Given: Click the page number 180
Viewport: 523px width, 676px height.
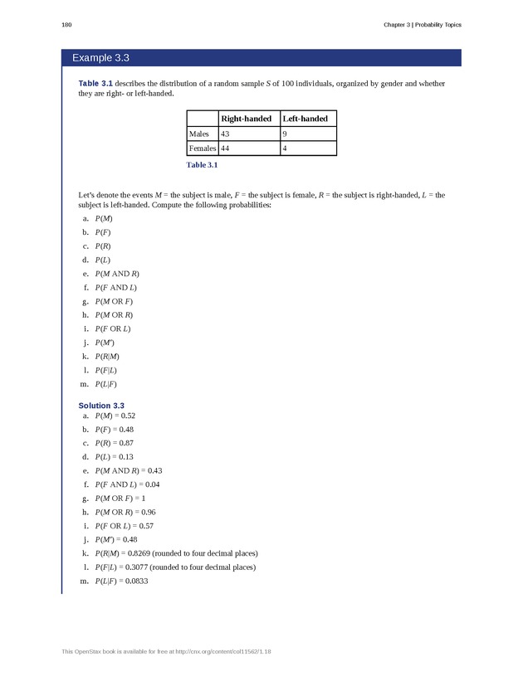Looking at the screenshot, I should click(x=66, y=24).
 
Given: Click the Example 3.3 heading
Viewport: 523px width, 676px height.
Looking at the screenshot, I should click(x=100, y=58).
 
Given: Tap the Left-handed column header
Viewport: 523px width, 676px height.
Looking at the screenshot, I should click(x=305, y=119).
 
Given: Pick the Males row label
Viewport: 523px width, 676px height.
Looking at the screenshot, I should click(x=199, y=134).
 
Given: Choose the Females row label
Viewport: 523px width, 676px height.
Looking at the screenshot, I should click(x=203, y=148).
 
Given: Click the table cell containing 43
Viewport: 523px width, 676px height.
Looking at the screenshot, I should click(x=225, y=134).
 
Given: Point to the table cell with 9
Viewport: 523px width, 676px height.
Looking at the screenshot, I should click(x=286, y=134).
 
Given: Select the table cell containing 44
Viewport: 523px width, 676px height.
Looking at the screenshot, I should click(x=225, y=148).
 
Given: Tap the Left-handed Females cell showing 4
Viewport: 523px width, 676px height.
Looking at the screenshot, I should click(x=286, y=148).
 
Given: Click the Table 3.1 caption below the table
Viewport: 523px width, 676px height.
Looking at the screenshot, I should click(x=202, y=165).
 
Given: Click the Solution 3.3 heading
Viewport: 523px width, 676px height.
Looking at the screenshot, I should click(x=101, y=405).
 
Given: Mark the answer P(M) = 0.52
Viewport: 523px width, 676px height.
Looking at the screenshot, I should click(x=115, y=415).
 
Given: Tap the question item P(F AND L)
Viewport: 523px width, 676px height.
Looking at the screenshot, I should click(x=116, y=287).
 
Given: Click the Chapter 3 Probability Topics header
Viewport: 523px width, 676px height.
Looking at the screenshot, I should click(x=422, y=24).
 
